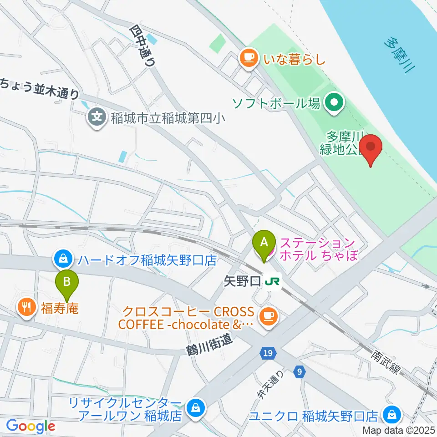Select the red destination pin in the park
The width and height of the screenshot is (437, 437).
pyautogui.click(x=371, y=148)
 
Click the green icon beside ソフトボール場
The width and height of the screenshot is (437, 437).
pyautogui.click(x=335, y=103)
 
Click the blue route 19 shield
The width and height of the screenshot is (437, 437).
pyautogui.click(x=267, y=353)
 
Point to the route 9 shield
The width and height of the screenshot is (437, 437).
pyautogui.click(x=298, y=371)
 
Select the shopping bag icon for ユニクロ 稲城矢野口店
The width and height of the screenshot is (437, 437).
pyautogui.click(x=391, y=415)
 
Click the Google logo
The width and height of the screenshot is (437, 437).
pyautogui.click(x=30, y=426)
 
